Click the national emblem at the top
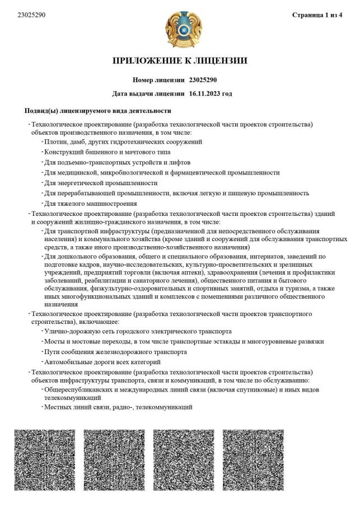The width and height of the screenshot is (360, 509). (x=179, y=29)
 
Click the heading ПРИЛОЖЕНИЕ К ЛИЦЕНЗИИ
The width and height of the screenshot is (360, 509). (x=180, y=61)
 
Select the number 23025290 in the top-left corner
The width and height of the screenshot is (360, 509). (x=31, y=15)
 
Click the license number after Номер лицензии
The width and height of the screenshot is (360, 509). (x=199, y=80)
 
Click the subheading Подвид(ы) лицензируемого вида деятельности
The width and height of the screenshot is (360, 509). (x=98, y=111)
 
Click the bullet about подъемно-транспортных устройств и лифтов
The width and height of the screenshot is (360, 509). (x=120, y=162)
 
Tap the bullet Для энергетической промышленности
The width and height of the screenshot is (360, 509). (x=101, y=182)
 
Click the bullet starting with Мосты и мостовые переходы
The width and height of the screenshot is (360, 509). (x=184, y=341)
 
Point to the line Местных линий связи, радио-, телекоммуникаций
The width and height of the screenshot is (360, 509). (x=119, y=407)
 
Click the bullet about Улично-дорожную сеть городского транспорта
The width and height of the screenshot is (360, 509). (x=138, y=331)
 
